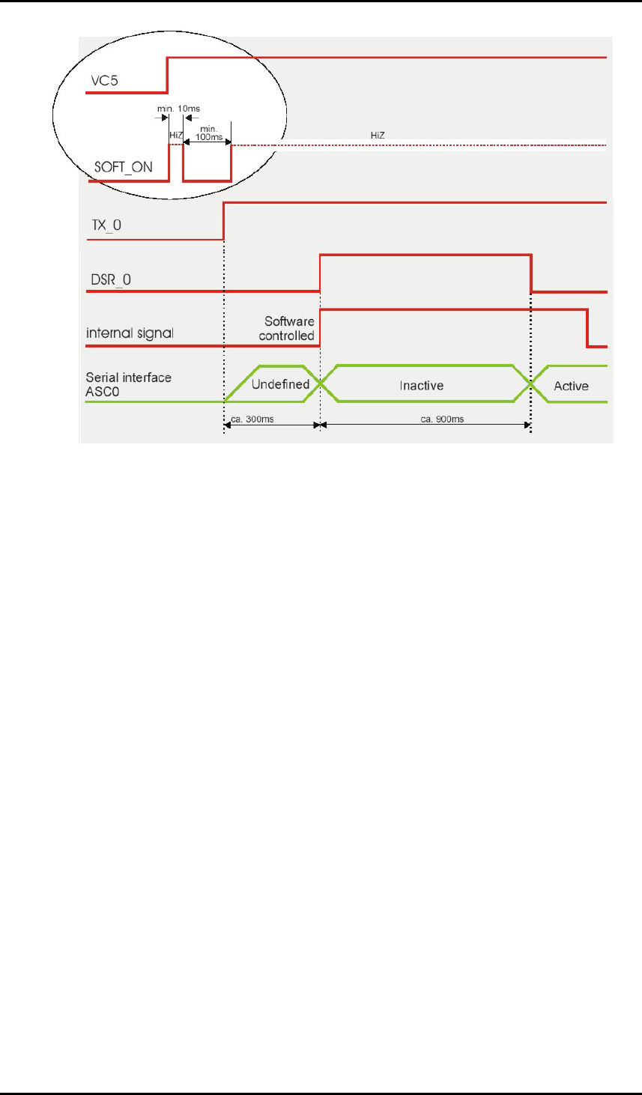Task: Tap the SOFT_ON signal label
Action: [x=123, y=167]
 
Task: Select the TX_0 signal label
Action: [x=106, y=225]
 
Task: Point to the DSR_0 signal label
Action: [x=109, y=280]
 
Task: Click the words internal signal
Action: [x=130, y=333]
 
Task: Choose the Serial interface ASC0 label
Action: [x=128, y=384]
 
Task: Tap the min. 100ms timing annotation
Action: [x=209, y=133]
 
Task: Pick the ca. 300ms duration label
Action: [x=252, y=419]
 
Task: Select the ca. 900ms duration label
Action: [x=442, y=419]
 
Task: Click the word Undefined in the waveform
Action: [x=280, y=385]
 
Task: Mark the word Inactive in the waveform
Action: [x=421, y=386]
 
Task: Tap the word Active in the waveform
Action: [x=571, y=386]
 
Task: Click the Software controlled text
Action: [x=288, y=329]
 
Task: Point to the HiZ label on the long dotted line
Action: [x=378, y=136]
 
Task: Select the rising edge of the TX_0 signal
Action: [x=224, y=221]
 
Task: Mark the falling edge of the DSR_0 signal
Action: [x=531, y=273]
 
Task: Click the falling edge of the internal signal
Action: [x=587, y=328]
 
